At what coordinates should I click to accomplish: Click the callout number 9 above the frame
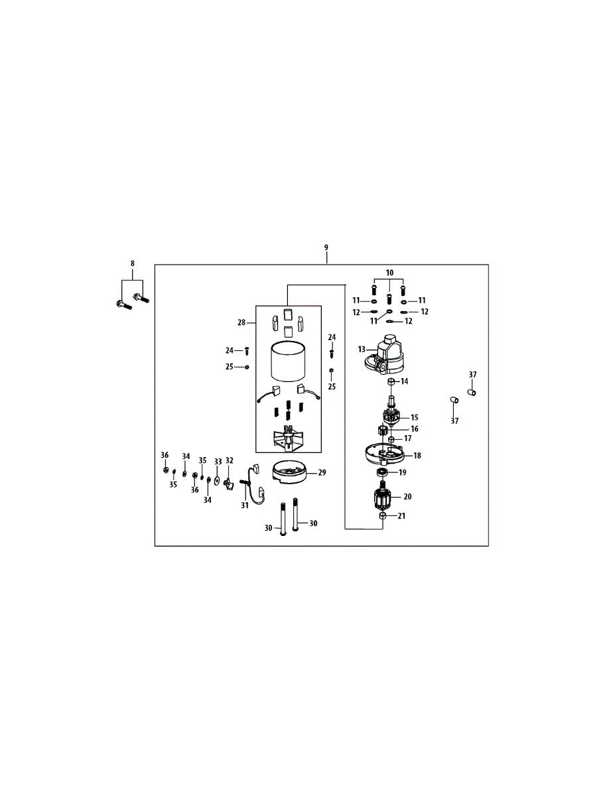(x=326, y=247)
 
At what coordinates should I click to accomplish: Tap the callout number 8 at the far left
(x=132, y=263)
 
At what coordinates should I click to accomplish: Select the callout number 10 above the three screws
(x=389, y=273)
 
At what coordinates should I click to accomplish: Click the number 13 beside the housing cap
(x=362, y=348)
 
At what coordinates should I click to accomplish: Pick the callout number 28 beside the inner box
(x=242, y=322)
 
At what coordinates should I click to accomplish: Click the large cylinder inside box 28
(x=288, y=363)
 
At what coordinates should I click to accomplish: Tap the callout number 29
(x=322, y=472)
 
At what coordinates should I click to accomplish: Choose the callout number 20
(x=407, y=496)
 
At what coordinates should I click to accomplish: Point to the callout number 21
(x=401, y=516)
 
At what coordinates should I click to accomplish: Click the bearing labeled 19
(x=382, y=472)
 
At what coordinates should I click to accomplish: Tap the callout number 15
(x=415, y=417)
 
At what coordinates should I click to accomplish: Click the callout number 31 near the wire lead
(x=244, y=505)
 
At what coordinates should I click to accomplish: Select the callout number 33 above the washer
(x=218, y=461)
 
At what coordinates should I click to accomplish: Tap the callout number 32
(x=230, y=460)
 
